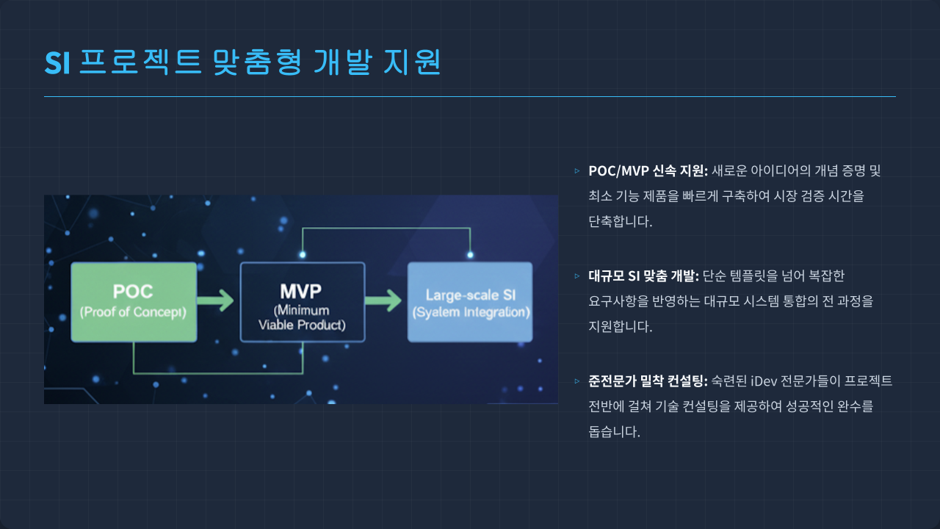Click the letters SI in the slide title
pyautogui.click(x=57, y=63)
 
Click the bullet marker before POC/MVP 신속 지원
pyautogui.click(x=576, y=171)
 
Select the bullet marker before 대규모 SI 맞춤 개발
pyautogui.click(x=576, y=276)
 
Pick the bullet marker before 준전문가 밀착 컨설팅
pyautogui.click(x=576, y=381)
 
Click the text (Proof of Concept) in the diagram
pyautogui.click(x=133, y=312)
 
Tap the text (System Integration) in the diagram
pyautogui.click(x=471, y=312)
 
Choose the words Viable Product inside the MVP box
pyautogui.click(x=302, y=325)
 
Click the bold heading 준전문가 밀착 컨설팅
pyautogui.click(x=647, y=381)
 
